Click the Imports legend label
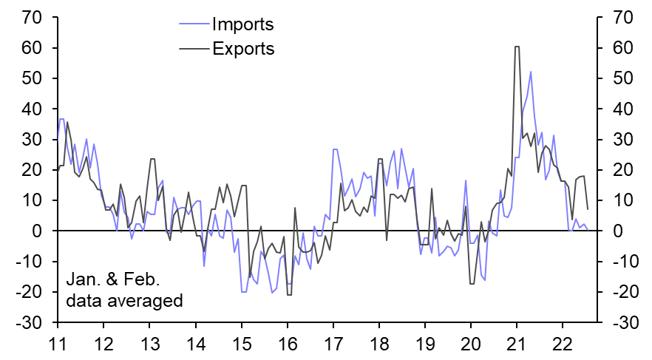(x=242, y=24)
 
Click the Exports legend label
(x=242, y=49)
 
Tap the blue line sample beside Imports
(x=194, y=24)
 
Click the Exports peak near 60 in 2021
(x=517, y=47)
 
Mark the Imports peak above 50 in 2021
(x=531, y=72)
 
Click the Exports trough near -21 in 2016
(x=289, y=295)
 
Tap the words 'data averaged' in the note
(x=124, y=301)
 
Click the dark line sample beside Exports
(x=194, y=49)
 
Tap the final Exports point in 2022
(x=588, y=208)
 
